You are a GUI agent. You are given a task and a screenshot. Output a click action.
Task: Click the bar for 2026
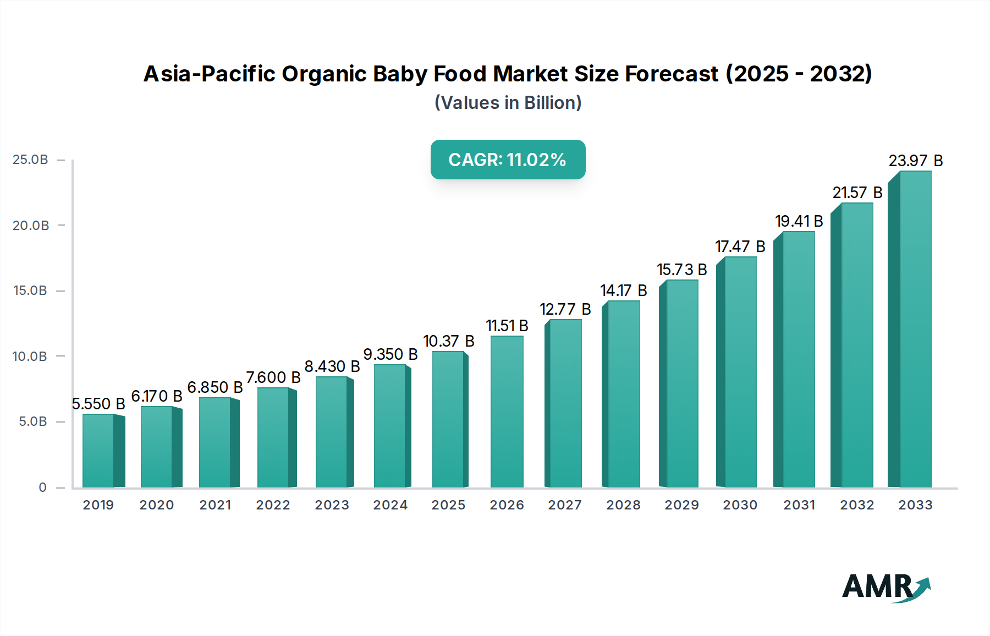pyautogui.click(x=507, y=413)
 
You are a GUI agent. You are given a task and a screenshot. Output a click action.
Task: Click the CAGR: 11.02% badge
pyautogui.click(x=508, y=160)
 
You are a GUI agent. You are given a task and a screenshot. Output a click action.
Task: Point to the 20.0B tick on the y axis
pyautogui.click(x=31, y=225)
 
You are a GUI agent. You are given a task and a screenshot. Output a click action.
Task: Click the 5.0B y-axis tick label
pyautogui.click(x=33, y=421)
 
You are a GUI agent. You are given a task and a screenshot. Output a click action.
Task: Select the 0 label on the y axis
pyautogui.click(x=42, y=487)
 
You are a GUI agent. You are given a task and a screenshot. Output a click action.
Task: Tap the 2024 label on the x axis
pyautogui.click(x=390, y=505)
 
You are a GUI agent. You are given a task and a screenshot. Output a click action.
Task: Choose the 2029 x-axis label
pyautogui.click(x=681, y=505)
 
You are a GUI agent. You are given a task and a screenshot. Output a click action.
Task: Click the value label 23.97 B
pyautogui.click(x=915, y=161)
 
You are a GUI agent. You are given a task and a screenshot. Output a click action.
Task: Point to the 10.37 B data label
pyautogui.click(x=448, y=341)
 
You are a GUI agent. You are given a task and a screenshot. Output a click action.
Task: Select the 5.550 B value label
pyautogui.click(x=98, y=404)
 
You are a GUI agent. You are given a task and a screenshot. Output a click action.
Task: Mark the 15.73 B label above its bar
pyautogui.click(x=681, y=270)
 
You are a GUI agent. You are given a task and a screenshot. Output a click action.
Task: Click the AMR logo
pyautogui.click(x=886, y=587)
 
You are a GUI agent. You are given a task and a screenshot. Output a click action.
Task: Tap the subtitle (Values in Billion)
pyautogui.click(x=508, y=102)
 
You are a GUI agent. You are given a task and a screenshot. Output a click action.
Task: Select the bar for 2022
pyautogui.click(x=273, y=437)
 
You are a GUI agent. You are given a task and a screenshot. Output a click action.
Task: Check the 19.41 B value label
pyautogui.click(x=799, y=221)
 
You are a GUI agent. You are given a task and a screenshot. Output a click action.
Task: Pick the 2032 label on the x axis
pyautogui.click(x=856, y=505)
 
